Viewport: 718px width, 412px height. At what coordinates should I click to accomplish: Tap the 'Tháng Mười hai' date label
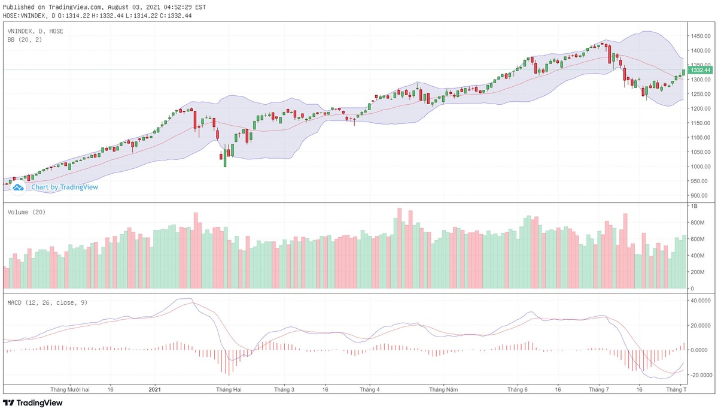pyautogui.click(x=70, y=389)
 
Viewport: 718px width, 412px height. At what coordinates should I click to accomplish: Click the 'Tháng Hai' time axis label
pyautogui.click(x=229, y=389)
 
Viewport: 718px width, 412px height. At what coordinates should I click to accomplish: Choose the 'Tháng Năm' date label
pyautogui.click(x=443, y=389)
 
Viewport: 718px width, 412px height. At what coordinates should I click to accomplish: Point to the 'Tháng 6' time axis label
pyautogui.click(x=518, y=389)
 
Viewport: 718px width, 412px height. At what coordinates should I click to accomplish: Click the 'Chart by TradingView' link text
pyautogui.click(x=65, y=187)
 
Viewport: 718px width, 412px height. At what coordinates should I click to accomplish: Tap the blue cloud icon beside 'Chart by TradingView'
pyautogui.click(x=18, y=187)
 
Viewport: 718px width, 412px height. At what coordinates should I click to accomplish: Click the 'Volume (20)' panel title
pyautogui.click(x=26, y=213)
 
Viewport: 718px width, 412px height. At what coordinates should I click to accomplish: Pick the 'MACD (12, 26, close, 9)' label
pyautogui.click(x=47, y=303)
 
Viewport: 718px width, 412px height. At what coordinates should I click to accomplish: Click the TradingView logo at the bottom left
pyautogui.click(x=33, y=403)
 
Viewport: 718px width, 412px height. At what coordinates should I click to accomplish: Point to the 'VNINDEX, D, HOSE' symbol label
pyautogui.click(x=35, y=31)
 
